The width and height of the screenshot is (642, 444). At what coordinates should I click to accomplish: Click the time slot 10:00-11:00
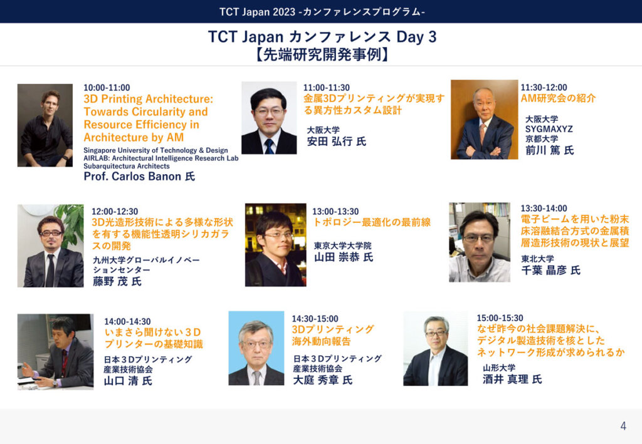tap(107, 88)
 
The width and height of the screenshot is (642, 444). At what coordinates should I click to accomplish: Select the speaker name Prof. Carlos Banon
tap(132, 176)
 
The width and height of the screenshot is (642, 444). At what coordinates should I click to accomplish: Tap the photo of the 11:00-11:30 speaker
tap(269, 118)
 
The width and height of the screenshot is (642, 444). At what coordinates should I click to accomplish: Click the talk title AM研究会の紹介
tap(558, 98)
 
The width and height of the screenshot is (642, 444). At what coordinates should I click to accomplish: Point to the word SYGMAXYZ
tap(549, 129)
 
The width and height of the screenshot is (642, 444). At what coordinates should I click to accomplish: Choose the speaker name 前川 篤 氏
tap(549, 150)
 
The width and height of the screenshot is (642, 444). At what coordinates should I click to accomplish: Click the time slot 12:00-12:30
tap(115, 212)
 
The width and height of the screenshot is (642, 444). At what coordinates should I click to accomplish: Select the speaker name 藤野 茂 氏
tap(117, 281)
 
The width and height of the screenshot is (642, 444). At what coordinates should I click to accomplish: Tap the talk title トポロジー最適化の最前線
tap(372, 222)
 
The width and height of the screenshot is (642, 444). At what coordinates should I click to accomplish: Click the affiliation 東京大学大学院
tap(343, 245)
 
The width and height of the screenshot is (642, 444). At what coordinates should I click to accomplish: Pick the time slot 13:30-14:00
tap(544, 208)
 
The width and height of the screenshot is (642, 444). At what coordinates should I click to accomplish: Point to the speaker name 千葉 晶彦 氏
tap(550, 271)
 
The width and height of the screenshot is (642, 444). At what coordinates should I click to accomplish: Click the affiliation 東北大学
tap(537, 259)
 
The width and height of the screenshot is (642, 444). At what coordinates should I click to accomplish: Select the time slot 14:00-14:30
tap(127, 321)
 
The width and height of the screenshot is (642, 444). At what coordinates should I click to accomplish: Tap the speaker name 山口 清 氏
tap(128, 381)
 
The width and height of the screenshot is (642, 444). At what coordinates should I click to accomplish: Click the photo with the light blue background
tap(256, 348)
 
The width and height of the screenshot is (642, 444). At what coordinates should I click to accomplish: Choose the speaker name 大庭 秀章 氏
tap(323, 380)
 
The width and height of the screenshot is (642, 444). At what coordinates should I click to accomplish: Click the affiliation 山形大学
tap(499, 368)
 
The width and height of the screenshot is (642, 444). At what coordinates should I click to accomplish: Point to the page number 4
tap(623, 426)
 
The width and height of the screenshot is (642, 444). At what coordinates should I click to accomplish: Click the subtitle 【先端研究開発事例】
tap(322, 54)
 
